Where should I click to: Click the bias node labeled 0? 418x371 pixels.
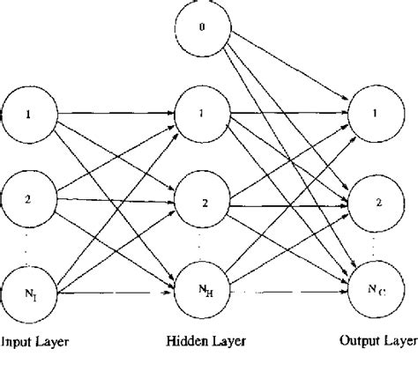tap(201, 30)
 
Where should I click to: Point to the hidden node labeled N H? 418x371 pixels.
tap(201, 287)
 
